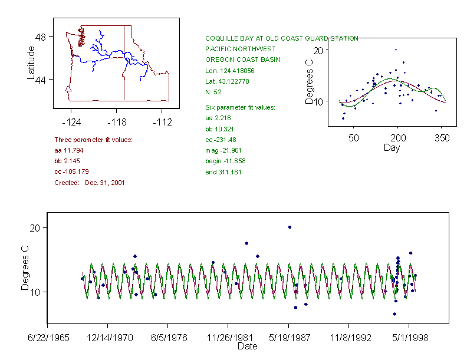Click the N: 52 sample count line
point(213,92)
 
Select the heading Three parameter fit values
point(93,140)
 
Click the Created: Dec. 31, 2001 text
point(89,183)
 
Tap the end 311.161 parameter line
point(223,172)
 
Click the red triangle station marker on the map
point(68,90)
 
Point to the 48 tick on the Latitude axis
point(41,37)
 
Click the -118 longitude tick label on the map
point(116,123)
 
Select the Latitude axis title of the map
point(31,63)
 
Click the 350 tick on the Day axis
point(442,138)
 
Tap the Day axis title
point(392,147)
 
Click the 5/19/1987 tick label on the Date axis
point(289,339)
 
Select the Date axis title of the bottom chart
point(247,346)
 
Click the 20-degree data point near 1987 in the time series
point(290,227)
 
